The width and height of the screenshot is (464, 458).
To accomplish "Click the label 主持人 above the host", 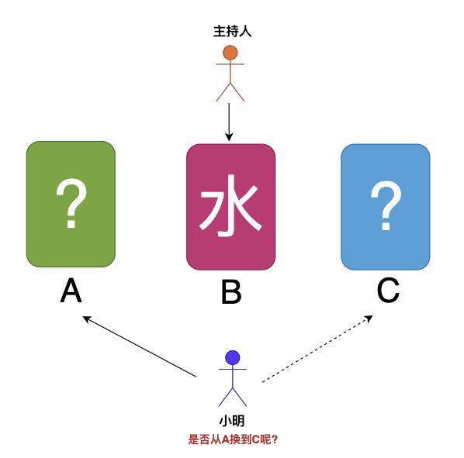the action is coord(232,31).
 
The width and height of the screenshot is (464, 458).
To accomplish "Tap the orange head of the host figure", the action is coord(230,53).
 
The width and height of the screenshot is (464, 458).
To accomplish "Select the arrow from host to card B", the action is coord(229,122).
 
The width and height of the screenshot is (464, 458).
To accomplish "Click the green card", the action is coord(71,204).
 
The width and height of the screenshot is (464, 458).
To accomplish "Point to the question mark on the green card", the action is coord(71,203).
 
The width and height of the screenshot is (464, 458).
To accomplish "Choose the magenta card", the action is coord(230,207).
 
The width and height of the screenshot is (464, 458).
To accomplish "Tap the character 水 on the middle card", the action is coord(230,205).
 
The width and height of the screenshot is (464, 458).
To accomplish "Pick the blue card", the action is coord(386,207).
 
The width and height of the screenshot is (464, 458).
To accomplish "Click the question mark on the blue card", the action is coord(386,205).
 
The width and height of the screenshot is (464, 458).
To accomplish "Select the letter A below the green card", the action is coord(71,291).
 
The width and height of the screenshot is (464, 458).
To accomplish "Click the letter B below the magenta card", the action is coord(231,292).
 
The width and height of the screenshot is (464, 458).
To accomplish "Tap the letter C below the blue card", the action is coord(388,291).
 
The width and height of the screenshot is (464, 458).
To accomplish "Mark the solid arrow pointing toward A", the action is coord(140,346).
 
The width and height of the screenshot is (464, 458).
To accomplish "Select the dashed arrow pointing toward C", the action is coord(317,349).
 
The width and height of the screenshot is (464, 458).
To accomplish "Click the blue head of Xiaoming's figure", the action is coord(233,358).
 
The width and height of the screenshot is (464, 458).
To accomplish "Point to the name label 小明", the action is coord(232,421).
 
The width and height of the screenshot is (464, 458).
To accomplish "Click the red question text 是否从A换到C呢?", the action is coord(233,439).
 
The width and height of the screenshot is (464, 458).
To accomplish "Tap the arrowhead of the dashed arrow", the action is coord(369,318).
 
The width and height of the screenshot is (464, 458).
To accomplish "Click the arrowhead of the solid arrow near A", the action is coord(86,319).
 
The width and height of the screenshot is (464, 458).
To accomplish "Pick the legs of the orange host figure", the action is coord(230,92).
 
